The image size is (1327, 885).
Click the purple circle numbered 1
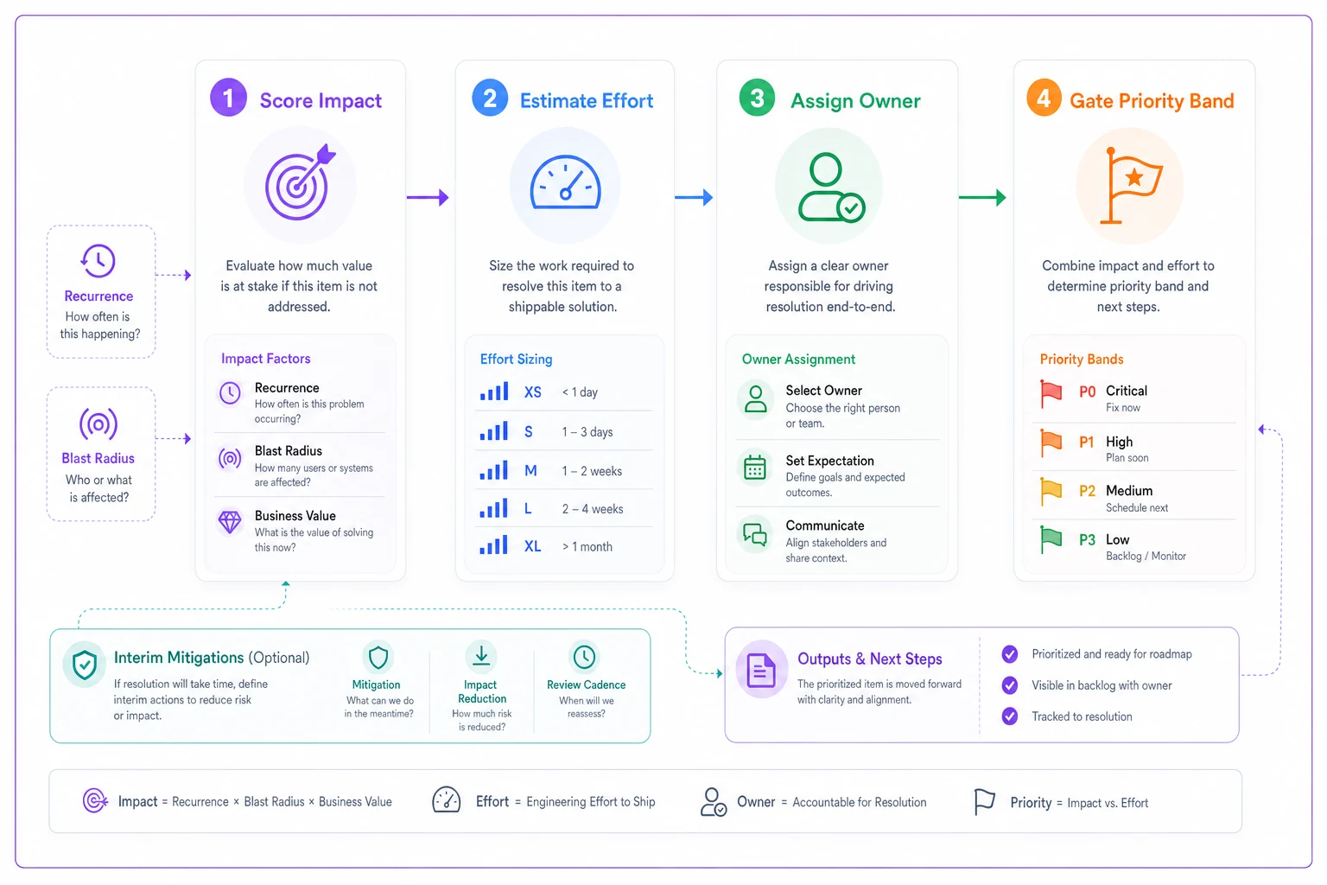pos(228,98)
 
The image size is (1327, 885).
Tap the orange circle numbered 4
pos(1044,98)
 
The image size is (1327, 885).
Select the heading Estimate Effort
pos(587,101)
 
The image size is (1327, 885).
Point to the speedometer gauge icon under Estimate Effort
pos(565,182)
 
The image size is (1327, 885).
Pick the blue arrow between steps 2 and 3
pos(694,197)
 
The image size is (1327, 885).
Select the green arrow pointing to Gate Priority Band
pos(982,197)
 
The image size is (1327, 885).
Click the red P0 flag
pos(1051,394)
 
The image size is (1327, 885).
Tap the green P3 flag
pos(1051,540)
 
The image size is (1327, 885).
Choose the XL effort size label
pos(532,546)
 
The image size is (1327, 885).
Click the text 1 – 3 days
pos(587,432)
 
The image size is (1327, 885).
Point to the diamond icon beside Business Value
pos(230,522)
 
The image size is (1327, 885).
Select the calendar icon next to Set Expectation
pos(755,468)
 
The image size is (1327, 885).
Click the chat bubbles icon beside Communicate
pos(755,535)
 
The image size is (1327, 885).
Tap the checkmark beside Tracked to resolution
pos(1009,716)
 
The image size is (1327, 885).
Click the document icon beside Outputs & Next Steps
pos(761,670)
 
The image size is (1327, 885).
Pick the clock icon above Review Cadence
pos(584,657)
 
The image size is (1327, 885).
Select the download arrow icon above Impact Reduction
pos(481,655)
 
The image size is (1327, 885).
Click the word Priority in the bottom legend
pos(1031,803)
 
